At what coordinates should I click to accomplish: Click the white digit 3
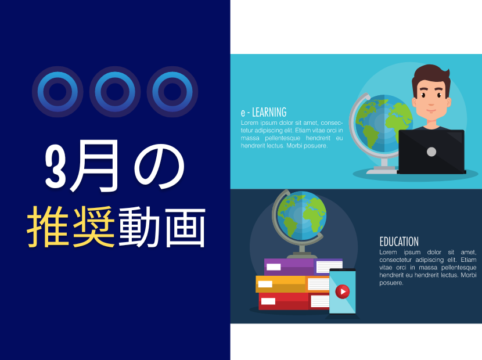pos(56,166)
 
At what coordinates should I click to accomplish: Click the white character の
pos(159,166)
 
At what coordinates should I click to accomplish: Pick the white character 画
pos(185,227)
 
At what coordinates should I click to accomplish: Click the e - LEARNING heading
pos(264,113)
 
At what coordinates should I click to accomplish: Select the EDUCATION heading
pos(399,242)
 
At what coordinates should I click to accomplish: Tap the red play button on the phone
pos(343,291)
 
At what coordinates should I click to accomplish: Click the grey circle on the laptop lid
pos(431,152)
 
